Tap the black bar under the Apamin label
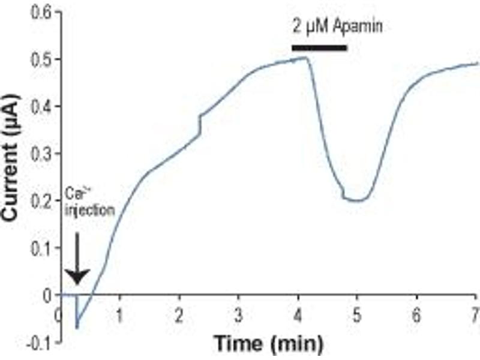point(319,47)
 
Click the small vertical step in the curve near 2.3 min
point(199,125)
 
